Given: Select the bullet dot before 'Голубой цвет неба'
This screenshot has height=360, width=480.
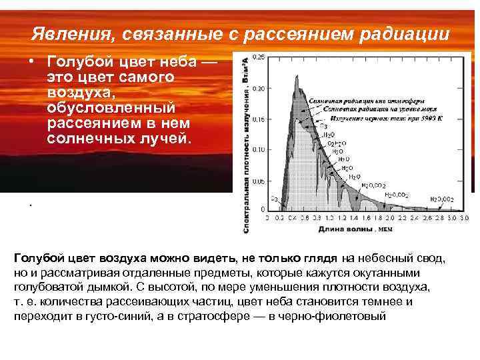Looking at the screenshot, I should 31,61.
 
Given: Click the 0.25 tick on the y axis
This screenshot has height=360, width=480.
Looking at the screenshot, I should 258,57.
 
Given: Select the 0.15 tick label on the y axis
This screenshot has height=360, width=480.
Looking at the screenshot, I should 258,119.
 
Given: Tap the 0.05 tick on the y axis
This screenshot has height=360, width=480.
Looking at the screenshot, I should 258,181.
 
